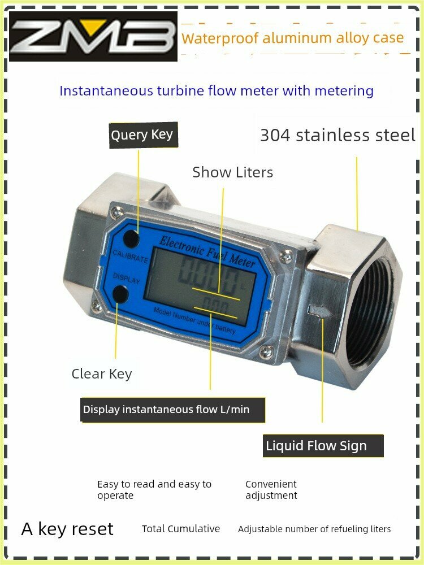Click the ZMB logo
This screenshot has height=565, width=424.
(x=93, y=36)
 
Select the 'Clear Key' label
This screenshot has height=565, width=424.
(x=102, y=373)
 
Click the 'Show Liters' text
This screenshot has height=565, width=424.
(x=232, y=172)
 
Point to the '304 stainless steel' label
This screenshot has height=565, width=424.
(x=338, y=136)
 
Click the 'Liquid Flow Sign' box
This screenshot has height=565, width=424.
(x=324, y=446)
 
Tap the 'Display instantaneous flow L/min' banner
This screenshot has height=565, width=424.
(x=172, y=410)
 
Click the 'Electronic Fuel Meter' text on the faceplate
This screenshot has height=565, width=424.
(x=207, y=251)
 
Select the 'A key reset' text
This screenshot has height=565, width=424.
(x=67, y=529)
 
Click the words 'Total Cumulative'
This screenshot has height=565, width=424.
(x=181, y=529)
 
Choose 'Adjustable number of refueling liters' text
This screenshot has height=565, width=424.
(x=314, y=529)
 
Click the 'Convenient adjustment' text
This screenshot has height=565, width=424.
(x=271, y=490)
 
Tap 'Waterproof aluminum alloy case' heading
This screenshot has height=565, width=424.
(x=293, y=38)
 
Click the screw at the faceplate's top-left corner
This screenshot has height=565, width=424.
(x=117, y=212)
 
